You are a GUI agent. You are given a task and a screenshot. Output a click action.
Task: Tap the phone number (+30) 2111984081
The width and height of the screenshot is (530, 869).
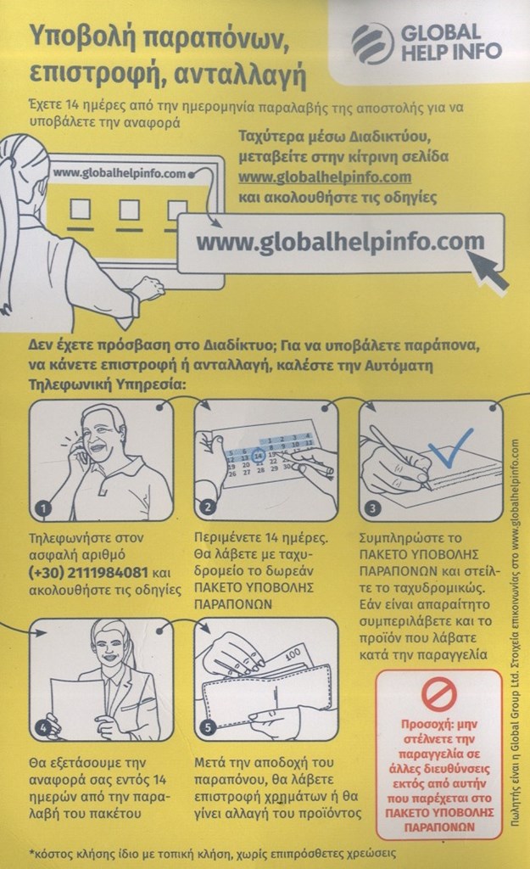coord(88,572)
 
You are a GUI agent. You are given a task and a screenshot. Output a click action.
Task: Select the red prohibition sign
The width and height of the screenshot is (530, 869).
coord(438,695)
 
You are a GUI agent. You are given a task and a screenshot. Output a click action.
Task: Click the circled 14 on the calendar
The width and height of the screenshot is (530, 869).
coord(258,456)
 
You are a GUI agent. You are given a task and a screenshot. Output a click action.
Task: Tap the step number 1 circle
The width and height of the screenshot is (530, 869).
coord(43,507)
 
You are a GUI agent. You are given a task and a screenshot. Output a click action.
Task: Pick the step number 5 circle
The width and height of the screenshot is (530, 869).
coord(208,726)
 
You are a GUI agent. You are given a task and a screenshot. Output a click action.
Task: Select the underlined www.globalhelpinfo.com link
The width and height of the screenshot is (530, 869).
coord(325,177)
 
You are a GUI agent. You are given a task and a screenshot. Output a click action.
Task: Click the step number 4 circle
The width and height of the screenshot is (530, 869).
coord(43,727)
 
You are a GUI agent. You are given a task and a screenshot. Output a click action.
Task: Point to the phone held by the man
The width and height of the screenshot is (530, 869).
coord(81,450)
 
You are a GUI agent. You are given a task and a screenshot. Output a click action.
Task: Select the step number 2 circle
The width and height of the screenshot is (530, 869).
coord(208,507)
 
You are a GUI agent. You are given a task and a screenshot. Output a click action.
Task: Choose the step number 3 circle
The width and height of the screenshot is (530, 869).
coord(373,507)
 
